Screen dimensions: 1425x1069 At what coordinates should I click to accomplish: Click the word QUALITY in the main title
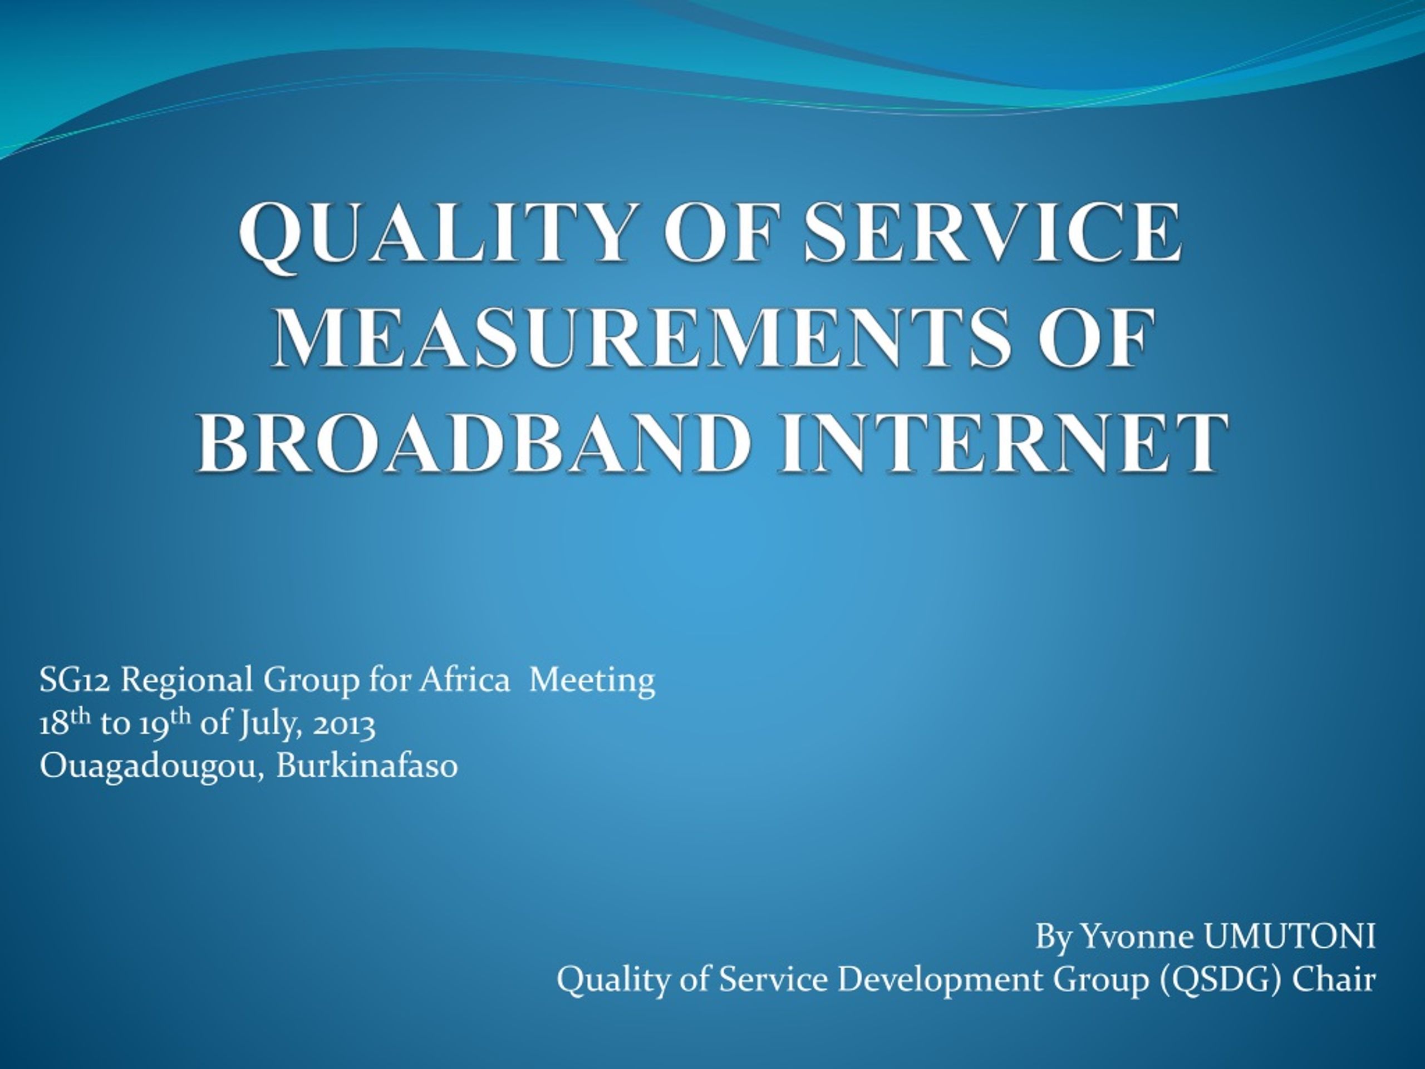tap(435, 233)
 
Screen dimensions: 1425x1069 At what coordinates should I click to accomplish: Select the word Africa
tap(464, 680)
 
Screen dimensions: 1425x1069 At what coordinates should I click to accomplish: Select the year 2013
tap(343, 724)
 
